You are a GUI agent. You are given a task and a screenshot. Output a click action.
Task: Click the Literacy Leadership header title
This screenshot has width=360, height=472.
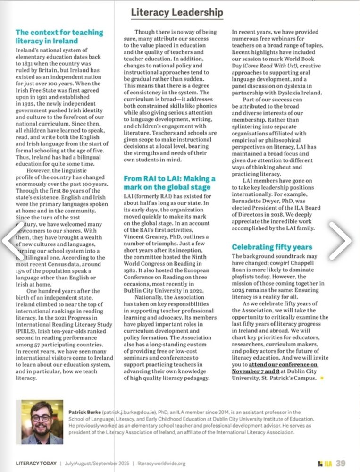coord(177,12)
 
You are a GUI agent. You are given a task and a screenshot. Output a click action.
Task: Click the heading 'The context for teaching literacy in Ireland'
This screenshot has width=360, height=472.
coord(59,36)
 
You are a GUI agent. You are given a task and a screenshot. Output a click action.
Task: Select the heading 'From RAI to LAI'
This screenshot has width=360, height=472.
coord(169,183)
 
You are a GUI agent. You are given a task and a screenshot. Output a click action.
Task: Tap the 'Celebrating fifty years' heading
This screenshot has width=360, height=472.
coord(272,247)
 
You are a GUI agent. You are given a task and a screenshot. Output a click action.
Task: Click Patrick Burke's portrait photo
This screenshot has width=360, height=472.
coord(39,422)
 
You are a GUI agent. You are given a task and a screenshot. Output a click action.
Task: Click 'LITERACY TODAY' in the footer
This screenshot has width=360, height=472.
coord(36,463)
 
